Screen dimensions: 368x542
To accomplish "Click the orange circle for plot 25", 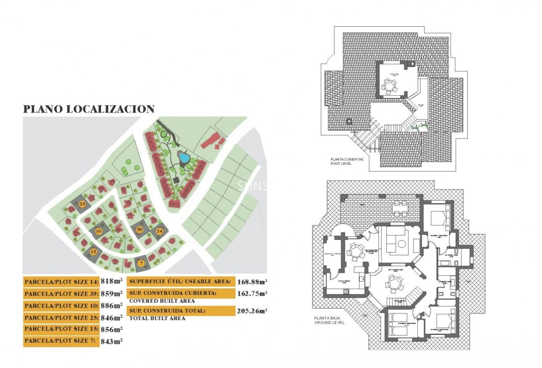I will point(83,204).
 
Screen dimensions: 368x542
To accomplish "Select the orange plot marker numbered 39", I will point(139,229).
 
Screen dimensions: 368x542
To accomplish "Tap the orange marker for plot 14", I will point(159,231).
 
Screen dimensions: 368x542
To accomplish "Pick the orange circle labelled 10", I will point(99,231).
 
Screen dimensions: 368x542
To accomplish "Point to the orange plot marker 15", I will point(94,252).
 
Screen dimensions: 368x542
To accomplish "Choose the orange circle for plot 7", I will point(141,263).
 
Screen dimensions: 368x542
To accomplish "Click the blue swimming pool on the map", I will point(183,157).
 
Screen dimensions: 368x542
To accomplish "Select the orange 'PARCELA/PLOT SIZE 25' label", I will point(61,318).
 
